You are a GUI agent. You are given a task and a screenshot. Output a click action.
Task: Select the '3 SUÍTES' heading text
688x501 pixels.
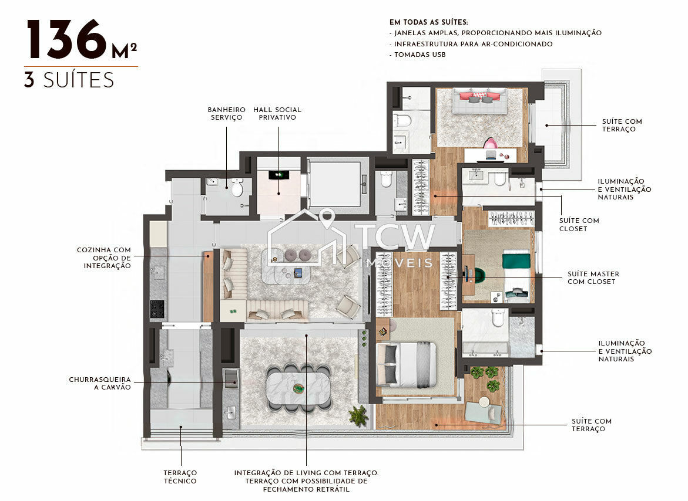tap(69, 79)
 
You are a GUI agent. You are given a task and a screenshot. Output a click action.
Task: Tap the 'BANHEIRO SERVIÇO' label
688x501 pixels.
tap(226, 113)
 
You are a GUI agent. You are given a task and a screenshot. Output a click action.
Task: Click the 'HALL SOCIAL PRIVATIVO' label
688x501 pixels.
tap(277, 113)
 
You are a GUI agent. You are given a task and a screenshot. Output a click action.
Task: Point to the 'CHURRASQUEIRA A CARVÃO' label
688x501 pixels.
tap(100, 383)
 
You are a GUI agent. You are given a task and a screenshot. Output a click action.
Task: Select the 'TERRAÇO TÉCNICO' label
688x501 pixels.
tap(180, 476)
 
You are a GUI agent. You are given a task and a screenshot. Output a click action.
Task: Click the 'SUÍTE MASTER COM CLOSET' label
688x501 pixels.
tap(593, 277)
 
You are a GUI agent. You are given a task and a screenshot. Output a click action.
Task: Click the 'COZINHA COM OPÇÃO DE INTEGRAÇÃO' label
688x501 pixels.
tap(104, 258)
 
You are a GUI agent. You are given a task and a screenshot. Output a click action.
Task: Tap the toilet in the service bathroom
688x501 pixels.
tap(237, 188)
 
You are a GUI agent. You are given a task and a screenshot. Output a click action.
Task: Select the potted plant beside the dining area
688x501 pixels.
tap(358, 415)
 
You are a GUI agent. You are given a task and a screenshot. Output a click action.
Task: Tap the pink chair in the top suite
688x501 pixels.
tap(489, 143)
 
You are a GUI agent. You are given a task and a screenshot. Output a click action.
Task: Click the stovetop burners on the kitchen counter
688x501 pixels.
tap(157, 307)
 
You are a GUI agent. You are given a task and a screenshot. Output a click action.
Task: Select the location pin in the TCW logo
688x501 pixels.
tap(327, 218)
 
